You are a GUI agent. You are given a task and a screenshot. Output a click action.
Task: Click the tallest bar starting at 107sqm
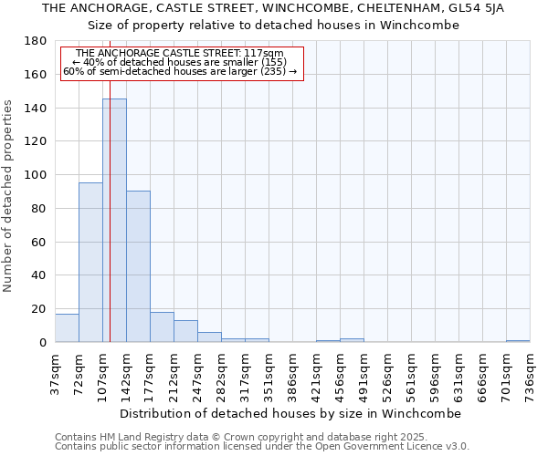point(114,220)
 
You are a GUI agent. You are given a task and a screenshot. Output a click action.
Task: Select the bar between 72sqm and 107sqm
point(90,262)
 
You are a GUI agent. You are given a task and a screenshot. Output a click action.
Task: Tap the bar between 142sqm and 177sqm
point(138,266)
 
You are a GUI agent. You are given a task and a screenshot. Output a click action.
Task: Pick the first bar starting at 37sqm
point(67,327)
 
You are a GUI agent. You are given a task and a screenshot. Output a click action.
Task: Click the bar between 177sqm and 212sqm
point(162,326)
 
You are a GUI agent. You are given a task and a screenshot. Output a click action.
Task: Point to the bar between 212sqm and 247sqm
point(185,331)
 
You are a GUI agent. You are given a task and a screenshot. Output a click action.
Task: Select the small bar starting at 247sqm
point(209,337)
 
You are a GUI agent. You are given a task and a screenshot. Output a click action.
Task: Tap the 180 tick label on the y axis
point(37,41)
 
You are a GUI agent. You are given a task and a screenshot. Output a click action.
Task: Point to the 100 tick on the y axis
point(37,175)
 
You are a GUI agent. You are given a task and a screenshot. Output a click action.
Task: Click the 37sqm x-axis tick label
point(55,373)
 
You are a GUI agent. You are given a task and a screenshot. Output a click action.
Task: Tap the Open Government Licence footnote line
point(262,447)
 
